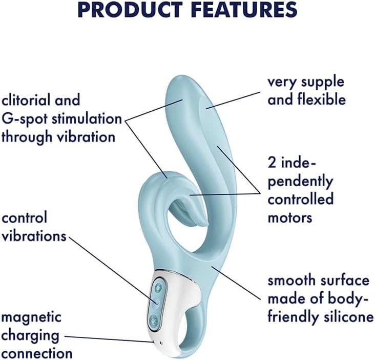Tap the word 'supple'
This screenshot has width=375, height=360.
pos(322,83)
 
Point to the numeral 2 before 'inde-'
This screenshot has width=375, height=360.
pos(272,164)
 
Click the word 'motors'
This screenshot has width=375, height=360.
pos(290,218)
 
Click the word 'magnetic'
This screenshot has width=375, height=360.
pos(31,318)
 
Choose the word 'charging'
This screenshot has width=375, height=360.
pos(30,336)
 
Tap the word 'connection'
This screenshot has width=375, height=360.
pos(37,353)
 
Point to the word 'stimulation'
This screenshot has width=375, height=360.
pos(87,119)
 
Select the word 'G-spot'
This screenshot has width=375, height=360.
pos(25,119)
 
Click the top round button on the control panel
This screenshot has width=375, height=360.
pos(158,288)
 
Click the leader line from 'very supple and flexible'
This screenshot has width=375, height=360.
pos(233,101)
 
